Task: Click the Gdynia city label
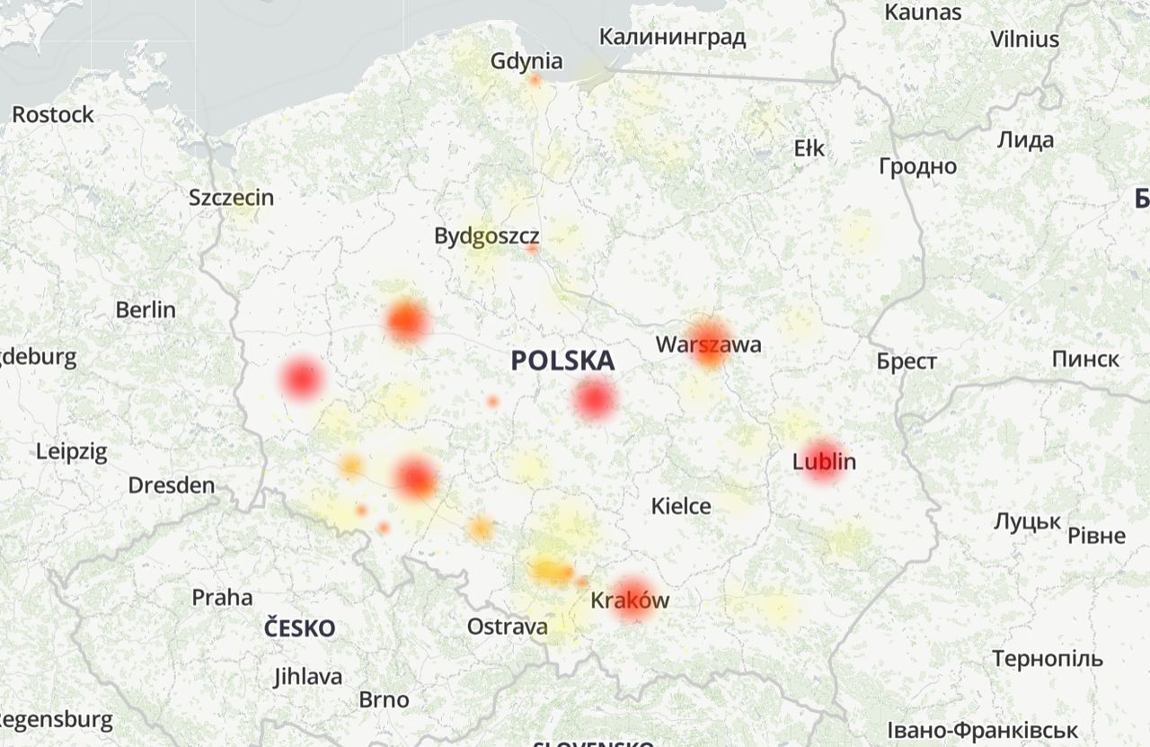[x=526, y=61]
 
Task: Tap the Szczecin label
[x=231, y=198]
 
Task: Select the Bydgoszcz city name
[x=486, y=236]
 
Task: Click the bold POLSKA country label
[x=562, y=361]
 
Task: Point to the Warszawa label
[x=708, y=344]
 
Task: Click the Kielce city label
[x=681, y=506]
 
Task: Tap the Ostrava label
[x=507, y=627]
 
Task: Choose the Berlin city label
[x=146, y=310]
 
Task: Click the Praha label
[x=222, y=598]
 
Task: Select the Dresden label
[x=171, y=486]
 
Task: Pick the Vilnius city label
[x=1024, y=40]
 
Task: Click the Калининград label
[x=672, y=38]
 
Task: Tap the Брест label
[x=907, y=361]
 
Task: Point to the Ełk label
[x=809, y=148]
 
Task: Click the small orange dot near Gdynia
[x=535, y=81]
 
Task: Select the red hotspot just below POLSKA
[x=594, y=399]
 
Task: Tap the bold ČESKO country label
[x=299, y=628]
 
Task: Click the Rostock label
[x=53, y=115]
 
